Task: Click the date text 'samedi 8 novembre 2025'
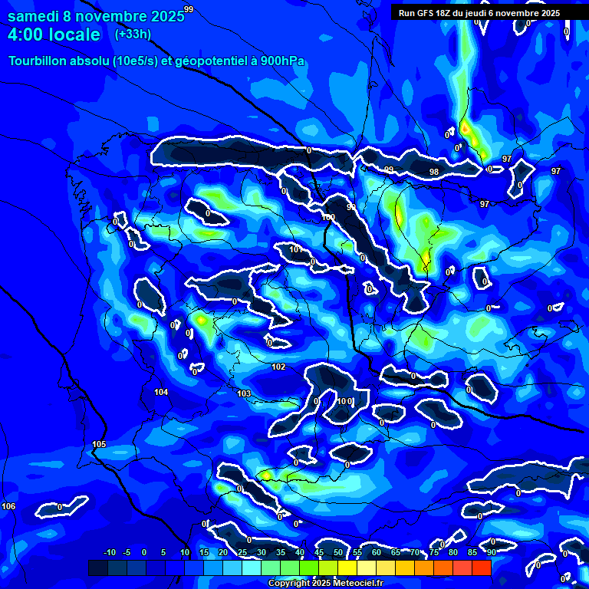pos(96,16)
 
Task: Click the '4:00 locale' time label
pos(54,35)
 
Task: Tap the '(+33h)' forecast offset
pos(133,34)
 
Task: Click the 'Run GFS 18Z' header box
pos(479,13)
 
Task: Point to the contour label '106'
pos(8,506)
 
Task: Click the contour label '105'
pos(99,445)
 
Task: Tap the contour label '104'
pos(161,392)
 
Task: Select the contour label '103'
pos(244,393)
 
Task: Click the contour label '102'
pos(278,367)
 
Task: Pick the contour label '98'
pos(434,172)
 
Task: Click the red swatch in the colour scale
pos(481,568)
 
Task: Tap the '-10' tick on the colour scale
pos(109,553)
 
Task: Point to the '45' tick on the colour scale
pos(319,553)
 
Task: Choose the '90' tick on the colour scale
pos(491,553)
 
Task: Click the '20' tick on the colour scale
pos(223,553)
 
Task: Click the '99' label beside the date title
pos(189,9)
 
